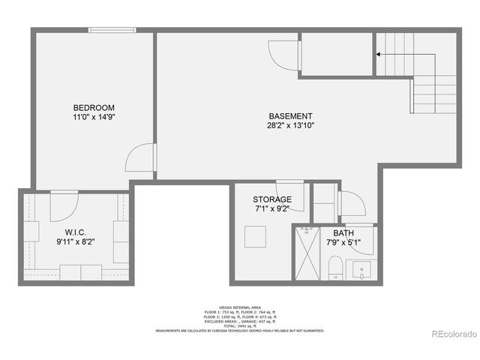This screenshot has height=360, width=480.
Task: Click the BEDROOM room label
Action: tap(94, 106)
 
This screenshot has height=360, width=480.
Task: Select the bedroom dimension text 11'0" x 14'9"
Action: tap(94, 117)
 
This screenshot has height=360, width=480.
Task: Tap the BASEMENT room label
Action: tap(291, 115)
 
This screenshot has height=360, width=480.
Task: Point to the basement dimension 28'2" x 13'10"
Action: tap(291, 126)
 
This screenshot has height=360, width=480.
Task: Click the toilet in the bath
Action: tap(335, 267)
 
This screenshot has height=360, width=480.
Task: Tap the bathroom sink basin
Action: tap(363, 268)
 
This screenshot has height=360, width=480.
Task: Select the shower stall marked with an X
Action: tap(307, 253)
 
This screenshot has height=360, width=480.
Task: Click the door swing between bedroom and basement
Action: tap(141, 157)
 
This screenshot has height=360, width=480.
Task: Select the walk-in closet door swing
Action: tap(64, 205)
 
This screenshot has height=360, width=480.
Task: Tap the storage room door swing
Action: tap(291, 195)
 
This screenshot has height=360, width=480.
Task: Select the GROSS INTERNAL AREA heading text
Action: tap(240, 307)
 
